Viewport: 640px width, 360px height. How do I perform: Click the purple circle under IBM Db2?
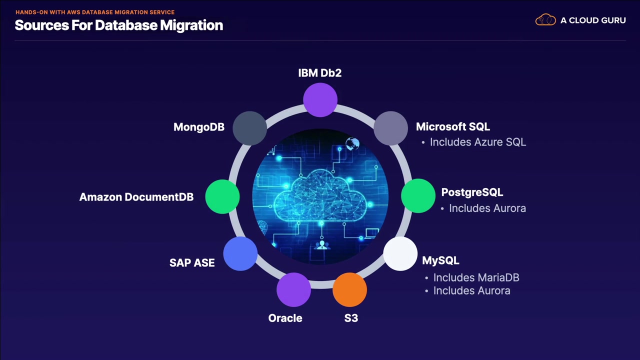click(320, 100)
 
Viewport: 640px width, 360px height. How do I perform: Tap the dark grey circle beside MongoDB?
click(250, 128)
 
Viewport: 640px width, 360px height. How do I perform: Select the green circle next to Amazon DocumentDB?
click(222, 196)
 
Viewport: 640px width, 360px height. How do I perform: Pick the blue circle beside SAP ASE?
click(240, 254)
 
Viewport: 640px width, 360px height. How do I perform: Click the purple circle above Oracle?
click(293, 289)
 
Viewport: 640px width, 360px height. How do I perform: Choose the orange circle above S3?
click(349, 289)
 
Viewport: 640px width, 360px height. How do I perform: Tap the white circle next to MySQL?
click(400, 254)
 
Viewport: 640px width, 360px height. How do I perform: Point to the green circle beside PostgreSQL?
click(418, 196)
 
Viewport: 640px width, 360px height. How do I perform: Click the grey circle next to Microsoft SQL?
click(390, 128)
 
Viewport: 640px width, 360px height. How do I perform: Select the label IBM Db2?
click(320, 73)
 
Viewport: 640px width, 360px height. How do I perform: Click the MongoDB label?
click(198, 127)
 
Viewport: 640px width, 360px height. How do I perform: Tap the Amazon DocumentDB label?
click(136, 197)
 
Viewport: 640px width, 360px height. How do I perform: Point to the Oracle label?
click(285, 318)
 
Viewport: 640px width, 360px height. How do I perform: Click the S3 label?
click(351, 318)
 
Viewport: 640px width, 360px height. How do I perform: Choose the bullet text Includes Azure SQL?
click(477, 142)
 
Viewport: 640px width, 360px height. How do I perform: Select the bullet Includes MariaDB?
click(476, 277)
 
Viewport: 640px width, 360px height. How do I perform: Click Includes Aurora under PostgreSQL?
click(487, 208)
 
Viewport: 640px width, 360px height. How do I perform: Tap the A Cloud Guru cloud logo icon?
click(545, 20)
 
